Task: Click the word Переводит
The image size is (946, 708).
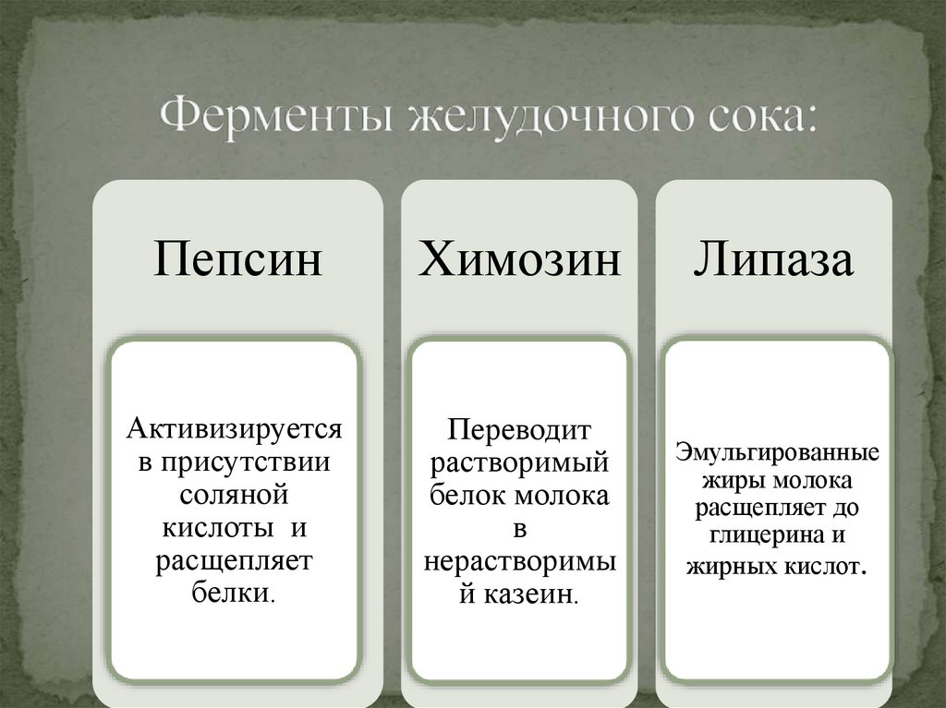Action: (x=519, y=429)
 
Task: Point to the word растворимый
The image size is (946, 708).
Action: (x=519, y=462)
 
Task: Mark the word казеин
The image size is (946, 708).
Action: (x=530, y=593)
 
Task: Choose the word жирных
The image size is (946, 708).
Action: (x=724, y=565)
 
